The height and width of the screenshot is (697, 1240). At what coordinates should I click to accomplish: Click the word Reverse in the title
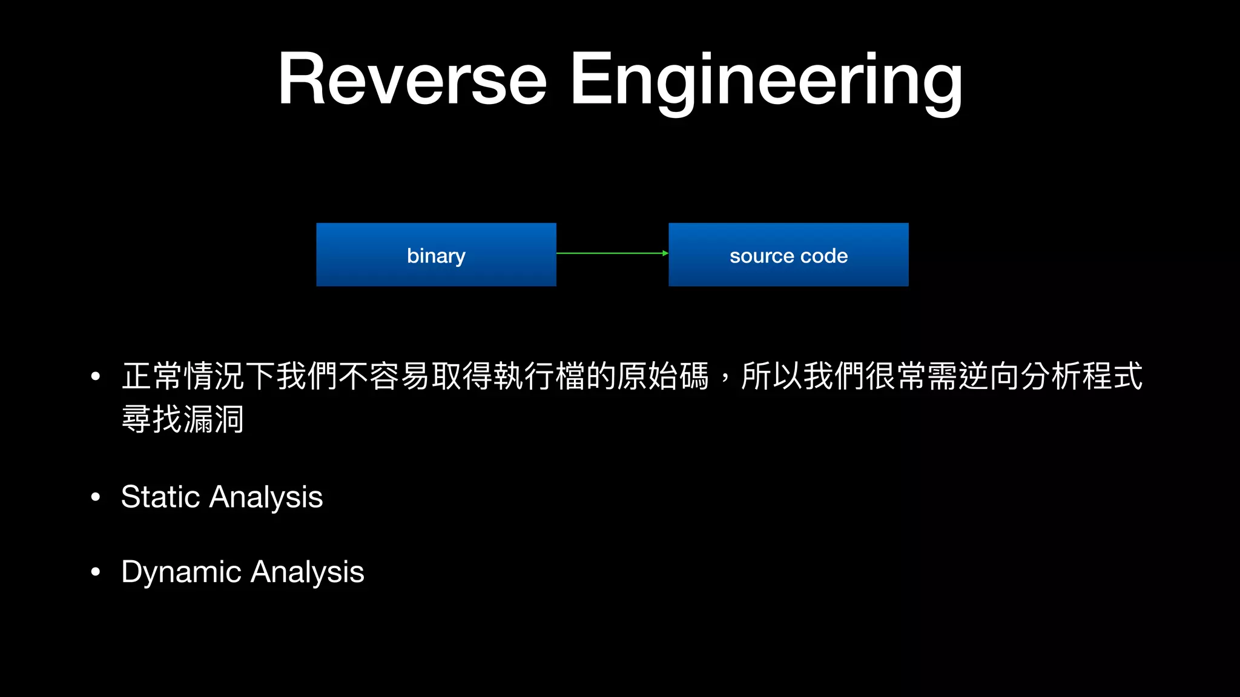tap(412, 79)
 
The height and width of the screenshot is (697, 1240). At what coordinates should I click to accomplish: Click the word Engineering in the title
tap(766, 79)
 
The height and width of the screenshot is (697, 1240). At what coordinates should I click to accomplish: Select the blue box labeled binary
tap(436, 255)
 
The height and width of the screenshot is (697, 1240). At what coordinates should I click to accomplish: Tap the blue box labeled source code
tap(788, 255)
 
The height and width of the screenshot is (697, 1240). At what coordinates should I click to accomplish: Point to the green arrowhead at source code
tap(665, 253)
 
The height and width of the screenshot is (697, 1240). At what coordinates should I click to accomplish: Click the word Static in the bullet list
tap(160, 497)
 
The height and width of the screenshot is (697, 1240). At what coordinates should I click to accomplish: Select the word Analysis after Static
tap(266, 497)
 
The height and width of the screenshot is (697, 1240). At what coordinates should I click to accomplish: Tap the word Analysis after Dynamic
tap(308, 572)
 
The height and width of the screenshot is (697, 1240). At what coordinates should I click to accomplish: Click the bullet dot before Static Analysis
tap(95, 497)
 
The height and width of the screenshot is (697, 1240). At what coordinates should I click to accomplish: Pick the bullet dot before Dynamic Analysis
tap(95, 572)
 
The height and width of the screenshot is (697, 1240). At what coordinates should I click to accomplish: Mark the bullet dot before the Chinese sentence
tap(95, 376)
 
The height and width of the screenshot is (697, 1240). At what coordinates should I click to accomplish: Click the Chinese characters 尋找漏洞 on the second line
tap(183, 419)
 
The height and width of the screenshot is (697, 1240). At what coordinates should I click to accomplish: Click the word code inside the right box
tap(824, 256)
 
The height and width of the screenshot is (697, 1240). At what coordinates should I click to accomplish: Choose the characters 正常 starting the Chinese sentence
tap(152, 376)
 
